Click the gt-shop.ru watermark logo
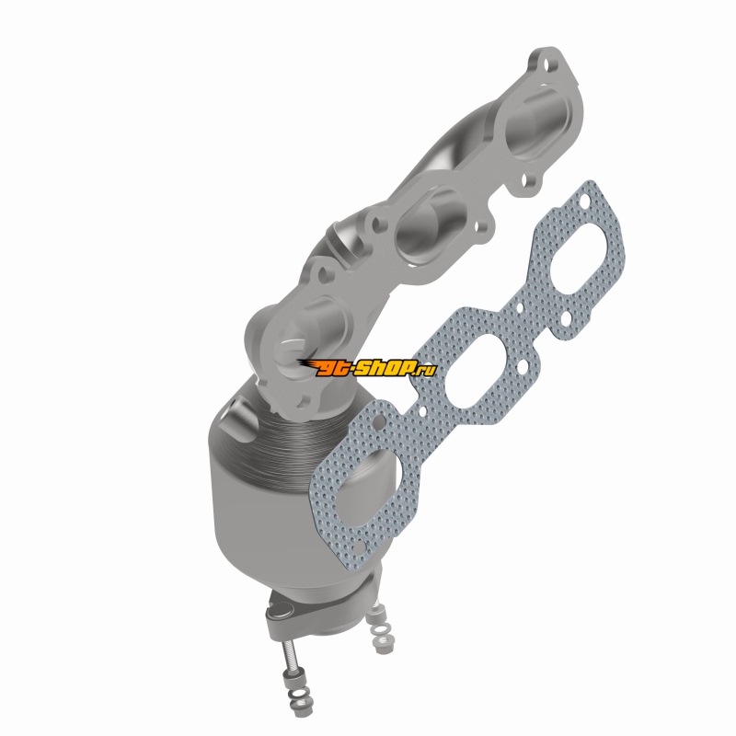pyautogui.click(x=367, y=367)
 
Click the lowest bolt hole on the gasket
pyautogui.click(x=358, y=547)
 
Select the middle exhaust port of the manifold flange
pyautogui.click(x=431, y=226)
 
